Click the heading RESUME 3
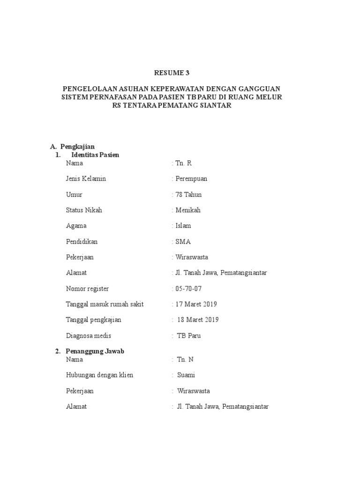pos(173,73)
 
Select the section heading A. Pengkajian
pos(72,147)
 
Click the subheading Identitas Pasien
pos(95,155)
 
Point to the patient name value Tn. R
pos(183,163)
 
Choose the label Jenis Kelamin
pos(86,179)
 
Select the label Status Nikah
pos(84,210)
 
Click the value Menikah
pos(188,210)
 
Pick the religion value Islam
pos(183,225)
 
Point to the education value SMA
pos(183,242)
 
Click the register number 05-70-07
pos(189,289)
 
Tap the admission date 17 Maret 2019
pos(196,304)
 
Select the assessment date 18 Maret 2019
pos(198,320)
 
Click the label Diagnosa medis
pos(89,336)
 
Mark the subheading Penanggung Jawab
pos(95,351)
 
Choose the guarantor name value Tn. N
pos(185,360)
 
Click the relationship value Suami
pos(186,375)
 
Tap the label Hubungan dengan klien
pos(99,375)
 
